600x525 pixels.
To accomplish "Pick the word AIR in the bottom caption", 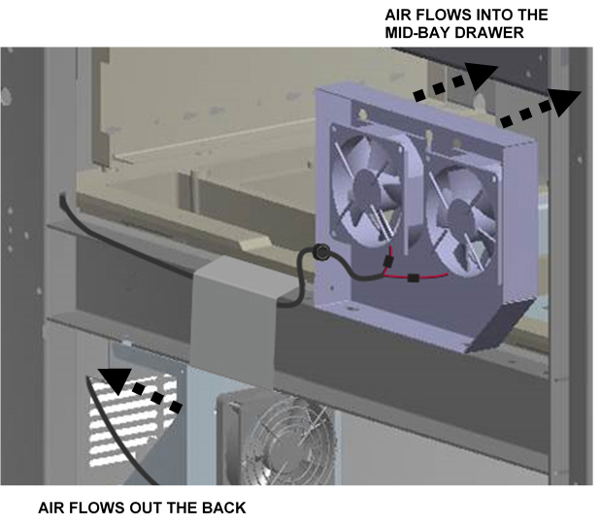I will [52, 507].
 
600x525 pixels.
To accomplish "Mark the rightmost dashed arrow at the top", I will [540, 105].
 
